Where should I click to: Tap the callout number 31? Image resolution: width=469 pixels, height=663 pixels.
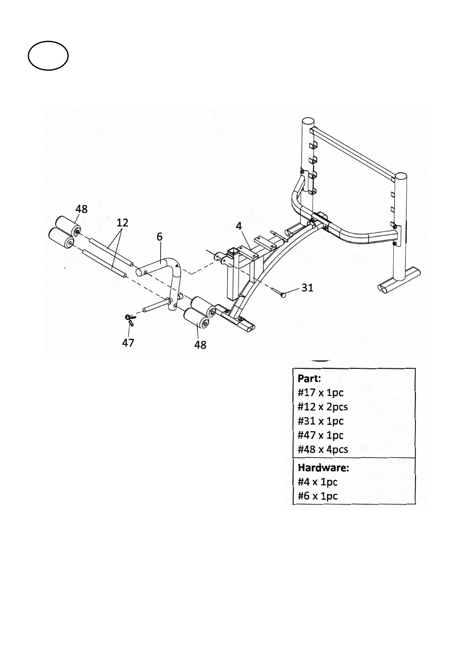[x=307, y=287]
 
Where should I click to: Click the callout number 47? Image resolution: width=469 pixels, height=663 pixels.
[x=128, y=343]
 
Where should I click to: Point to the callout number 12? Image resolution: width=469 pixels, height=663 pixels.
[x=122, y=222]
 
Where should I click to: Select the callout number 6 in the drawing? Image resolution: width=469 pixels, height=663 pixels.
[x=160, y=237]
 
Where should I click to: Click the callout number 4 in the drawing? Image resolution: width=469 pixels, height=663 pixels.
[x=239, y=226]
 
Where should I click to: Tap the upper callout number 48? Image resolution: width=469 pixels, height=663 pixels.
[x=82, y=209]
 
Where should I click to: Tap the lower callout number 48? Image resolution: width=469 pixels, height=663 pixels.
[x=200, y=345]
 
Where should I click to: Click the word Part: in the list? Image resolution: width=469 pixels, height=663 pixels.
[x=309, y=379]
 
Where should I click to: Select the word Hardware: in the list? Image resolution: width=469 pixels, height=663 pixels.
[x=323, y=468]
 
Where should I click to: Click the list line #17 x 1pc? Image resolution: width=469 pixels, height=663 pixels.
[x=321, y=393]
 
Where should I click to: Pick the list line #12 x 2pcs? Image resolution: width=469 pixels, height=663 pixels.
[x=322, y=407]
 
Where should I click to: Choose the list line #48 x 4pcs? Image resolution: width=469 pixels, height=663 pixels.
[x=322, y=449]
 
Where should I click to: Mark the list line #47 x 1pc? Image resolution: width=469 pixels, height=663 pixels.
[x=321, y=436]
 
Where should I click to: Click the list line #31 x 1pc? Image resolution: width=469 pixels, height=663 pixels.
[x=321, y=421]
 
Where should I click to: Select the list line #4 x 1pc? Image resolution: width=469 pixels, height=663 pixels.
[x=318, y=482]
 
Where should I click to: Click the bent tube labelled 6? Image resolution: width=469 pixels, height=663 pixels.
[x=178, y=275]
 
